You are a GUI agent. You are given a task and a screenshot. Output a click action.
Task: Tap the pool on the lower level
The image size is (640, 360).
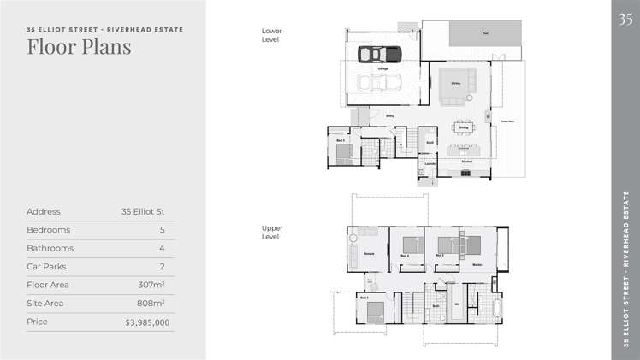point(485,34)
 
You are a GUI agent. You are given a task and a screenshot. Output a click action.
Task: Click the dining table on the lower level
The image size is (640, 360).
point(463,127)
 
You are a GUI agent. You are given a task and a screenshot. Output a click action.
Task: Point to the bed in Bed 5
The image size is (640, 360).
point(342,153)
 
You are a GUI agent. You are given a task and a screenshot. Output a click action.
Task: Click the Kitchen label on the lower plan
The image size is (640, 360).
point(467,161)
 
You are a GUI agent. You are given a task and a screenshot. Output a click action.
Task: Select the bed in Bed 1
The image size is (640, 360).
point(375,311)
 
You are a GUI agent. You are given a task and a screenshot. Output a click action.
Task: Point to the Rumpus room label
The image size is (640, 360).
point(369,254)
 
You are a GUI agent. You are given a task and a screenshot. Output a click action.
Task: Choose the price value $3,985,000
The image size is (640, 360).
point(147,322)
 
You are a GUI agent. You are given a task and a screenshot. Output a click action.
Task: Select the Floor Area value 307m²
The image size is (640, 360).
point(151,285)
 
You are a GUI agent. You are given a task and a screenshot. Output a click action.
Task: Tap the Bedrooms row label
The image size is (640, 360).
point(49,230)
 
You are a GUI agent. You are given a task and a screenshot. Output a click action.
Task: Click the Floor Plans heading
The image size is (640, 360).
point(79,46)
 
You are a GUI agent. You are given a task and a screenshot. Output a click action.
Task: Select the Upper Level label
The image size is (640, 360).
point(272,233)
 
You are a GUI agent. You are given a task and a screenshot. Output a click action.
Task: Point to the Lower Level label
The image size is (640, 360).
point(272,34)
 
